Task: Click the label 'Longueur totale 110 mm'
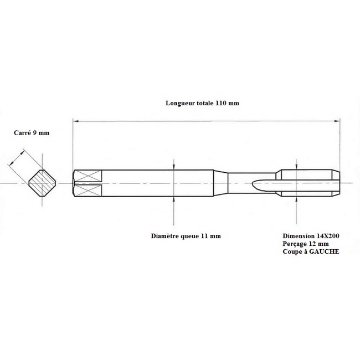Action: pyautogui.click(x=202, y=103)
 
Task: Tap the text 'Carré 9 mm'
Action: pyautogui.click(x=32, y=133)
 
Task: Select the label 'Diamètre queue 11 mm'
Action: pyautogui.click(x=186, y=236)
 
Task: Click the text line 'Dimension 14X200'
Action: pyautogui.click(x=311, y=236)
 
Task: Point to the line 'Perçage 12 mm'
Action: pyautogui.click(x=306, y=244)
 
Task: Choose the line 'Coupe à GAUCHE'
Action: pyautogui.click(x=311, y=251)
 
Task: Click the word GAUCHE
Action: pyautogui.click(x=324, y=251)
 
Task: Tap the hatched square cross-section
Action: pyautogui.click(x=42, y=183)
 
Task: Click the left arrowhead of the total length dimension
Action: pyautogui.click(x=75, y=121)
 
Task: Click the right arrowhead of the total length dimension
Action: pyautogui.click(x=337, y=121)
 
